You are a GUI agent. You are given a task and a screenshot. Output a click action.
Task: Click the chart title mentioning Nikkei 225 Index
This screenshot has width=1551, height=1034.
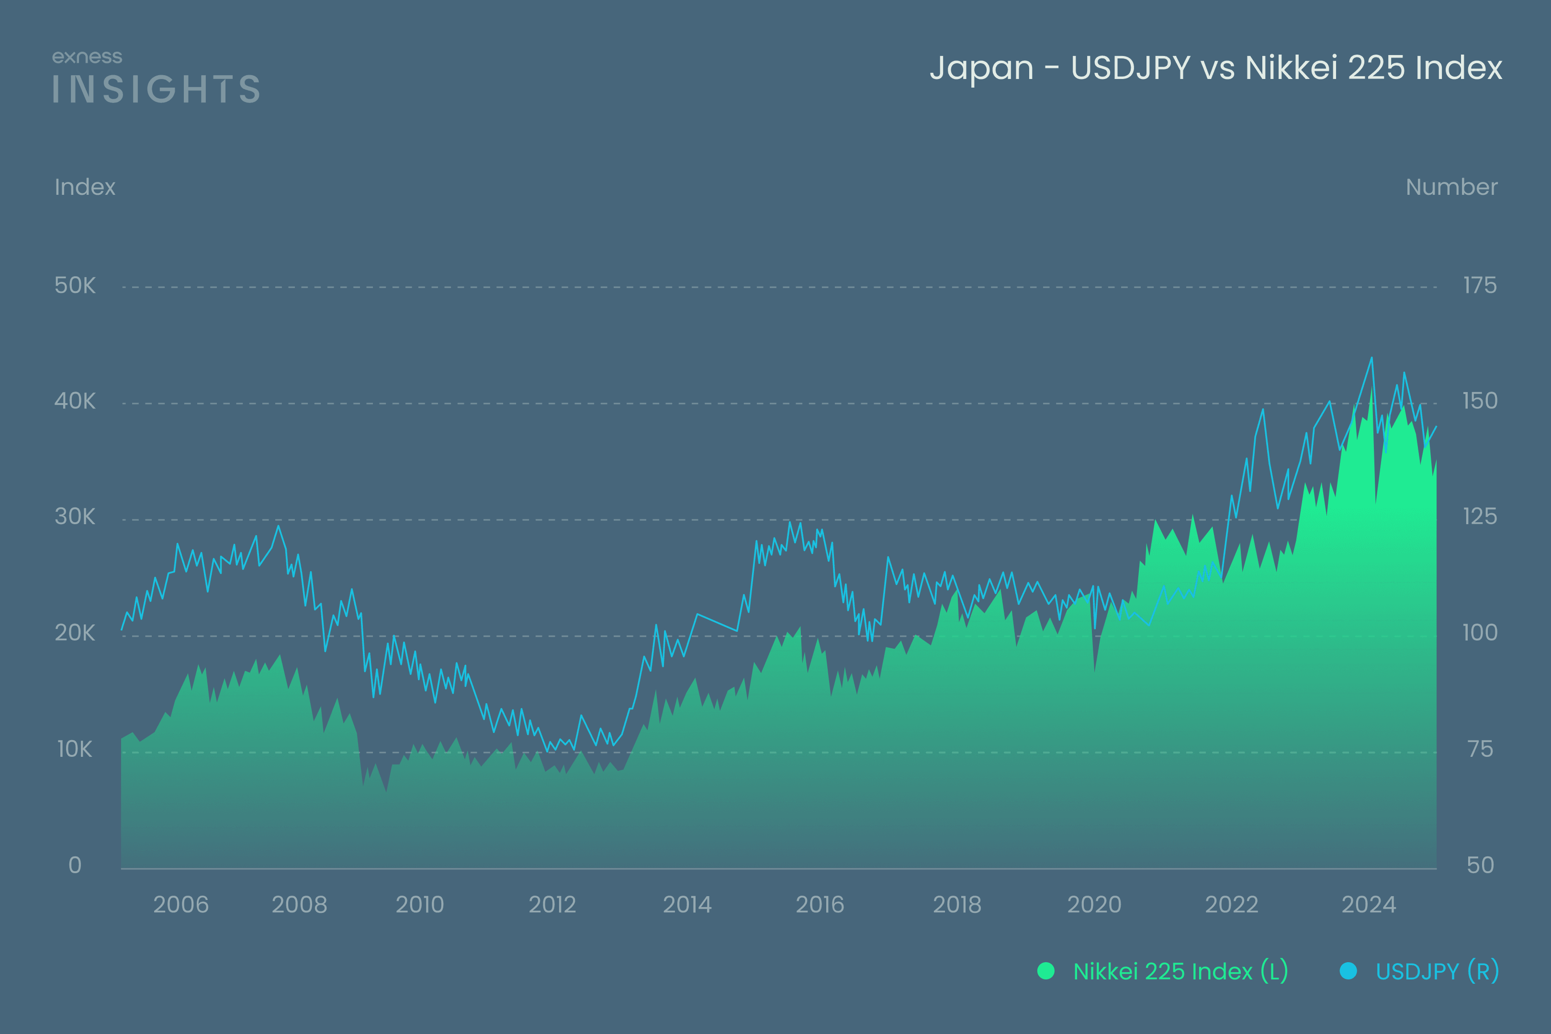tap(1215, 68)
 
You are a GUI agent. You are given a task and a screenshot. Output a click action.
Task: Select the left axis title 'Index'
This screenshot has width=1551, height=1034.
tap(85, 187)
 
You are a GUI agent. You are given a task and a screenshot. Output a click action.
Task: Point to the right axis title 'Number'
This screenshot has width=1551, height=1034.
tap(1451, 187)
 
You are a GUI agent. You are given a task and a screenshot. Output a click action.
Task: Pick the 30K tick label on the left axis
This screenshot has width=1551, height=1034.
tap(75, 517)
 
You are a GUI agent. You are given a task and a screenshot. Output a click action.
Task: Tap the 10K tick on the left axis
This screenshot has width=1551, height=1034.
tap(75, 750)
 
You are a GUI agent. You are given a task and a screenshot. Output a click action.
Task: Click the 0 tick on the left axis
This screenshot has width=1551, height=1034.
tap(75, 865)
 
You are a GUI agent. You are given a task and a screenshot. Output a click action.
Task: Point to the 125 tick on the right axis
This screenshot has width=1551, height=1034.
tap(1480, 517)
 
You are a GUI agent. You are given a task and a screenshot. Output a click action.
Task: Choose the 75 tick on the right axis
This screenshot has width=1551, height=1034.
tap(1480, 750)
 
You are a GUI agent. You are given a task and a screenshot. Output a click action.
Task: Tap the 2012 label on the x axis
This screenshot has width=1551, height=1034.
tap(552, 905)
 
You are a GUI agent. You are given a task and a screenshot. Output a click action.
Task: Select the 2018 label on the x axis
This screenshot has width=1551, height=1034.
tap(957, 905)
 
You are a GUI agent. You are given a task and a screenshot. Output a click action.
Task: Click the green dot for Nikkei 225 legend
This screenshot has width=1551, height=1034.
tap(1046, 971)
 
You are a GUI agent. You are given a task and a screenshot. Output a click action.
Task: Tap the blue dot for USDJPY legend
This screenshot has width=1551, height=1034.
tap(1349, 971)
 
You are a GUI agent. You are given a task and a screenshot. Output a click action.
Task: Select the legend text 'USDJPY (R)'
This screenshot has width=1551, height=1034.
tap(1438, 971)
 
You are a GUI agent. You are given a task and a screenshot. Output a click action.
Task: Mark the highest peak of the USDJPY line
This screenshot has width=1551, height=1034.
tap(1371, 358)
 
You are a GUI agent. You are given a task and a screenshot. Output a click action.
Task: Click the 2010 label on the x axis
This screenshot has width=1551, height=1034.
tap(420, 905)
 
